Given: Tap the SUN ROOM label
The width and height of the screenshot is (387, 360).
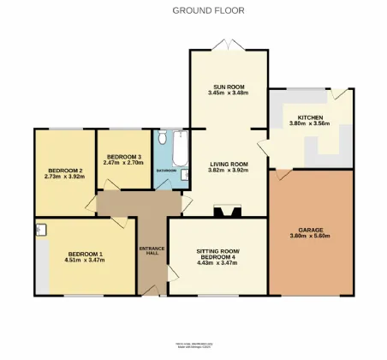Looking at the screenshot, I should coord(229,87).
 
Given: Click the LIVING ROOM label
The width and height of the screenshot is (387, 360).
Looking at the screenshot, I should coord(229,164).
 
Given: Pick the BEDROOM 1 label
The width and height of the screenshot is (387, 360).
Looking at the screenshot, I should coord(86,254).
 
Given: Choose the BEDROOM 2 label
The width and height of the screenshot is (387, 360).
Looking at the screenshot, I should coord(63,171).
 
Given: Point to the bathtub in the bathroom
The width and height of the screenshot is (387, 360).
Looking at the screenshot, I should coord(179,147).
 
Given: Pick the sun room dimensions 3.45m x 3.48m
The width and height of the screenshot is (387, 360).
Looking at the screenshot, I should coord(229,93).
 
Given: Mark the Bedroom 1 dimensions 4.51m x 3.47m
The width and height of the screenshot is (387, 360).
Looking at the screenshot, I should coord(86,260).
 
